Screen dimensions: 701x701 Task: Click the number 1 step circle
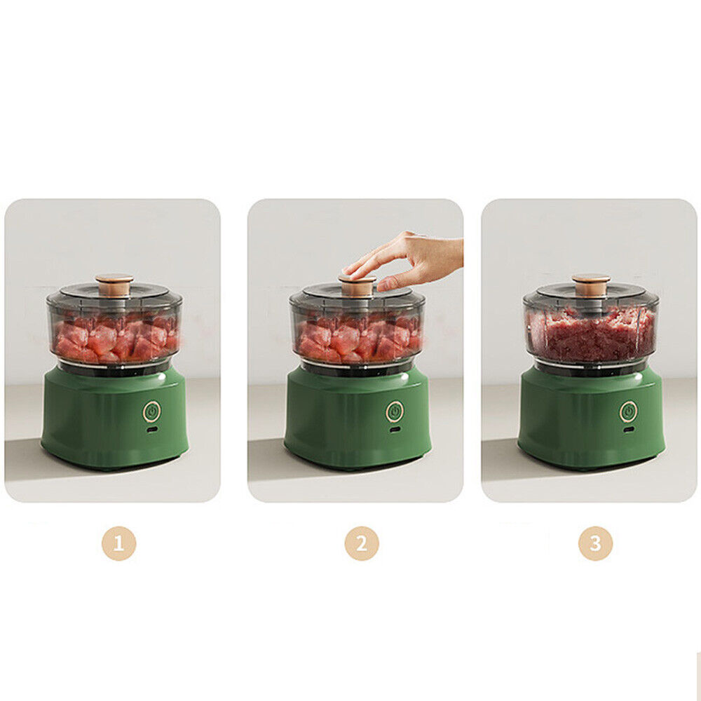point(118,543)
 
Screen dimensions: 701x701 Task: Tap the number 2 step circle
point(361,543)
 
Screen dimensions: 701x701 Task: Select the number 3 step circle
point(595,543)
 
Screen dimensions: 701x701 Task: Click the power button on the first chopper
point(152,411)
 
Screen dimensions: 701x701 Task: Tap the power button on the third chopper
point(628,411)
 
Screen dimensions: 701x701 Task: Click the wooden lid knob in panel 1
point(114,285)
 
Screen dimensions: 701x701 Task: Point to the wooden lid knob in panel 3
point(591,285)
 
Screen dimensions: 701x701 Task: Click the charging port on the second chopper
point(394,430)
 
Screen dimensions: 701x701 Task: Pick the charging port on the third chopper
point(629,430)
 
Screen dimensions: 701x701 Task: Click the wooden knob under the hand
point(357,286)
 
